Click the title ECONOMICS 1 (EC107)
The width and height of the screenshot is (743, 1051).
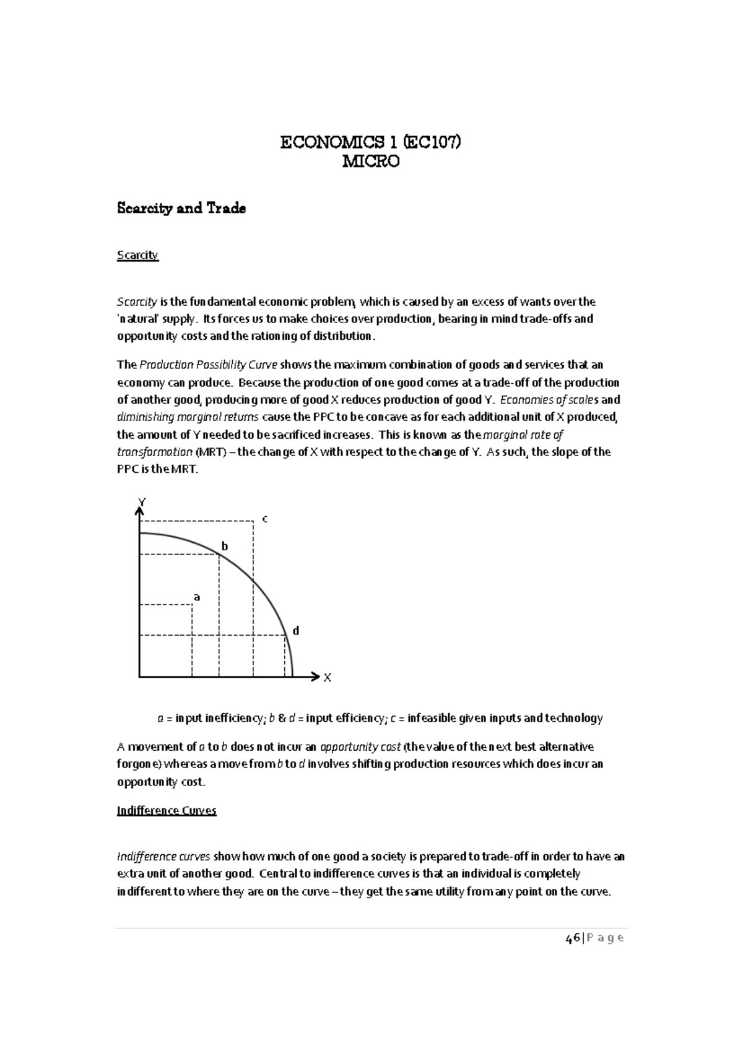point(371,143)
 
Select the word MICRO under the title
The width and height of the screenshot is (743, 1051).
point(371,162)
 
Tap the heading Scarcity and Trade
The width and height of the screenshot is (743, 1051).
point(181,209)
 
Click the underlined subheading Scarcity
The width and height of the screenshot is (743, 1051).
point(137,255)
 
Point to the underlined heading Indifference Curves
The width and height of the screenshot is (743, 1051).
point(167,811)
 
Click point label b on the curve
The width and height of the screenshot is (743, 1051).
point(225,547)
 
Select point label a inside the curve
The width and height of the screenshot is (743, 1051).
point(197,597)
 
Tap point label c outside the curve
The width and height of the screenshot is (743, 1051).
point(265,519)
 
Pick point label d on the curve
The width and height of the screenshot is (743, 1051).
point(296,631)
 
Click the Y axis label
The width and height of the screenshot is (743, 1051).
point(142,502)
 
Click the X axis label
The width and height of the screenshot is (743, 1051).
point(328,678)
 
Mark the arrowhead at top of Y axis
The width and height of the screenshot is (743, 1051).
point(139,511)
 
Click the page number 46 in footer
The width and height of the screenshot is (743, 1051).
point(573,938)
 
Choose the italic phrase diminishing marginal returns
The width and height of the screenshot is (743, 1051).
point(189,417)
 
